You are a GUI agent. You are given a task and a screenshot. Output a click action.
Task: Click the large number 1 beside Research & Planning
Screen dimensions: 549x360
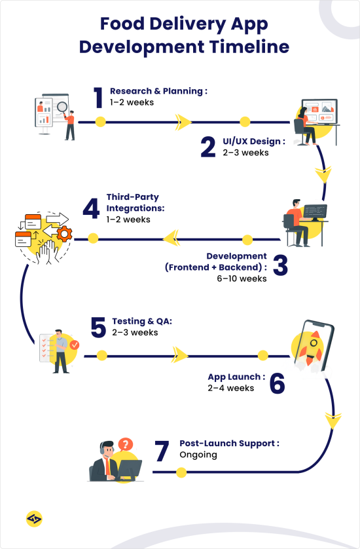pos(98,98)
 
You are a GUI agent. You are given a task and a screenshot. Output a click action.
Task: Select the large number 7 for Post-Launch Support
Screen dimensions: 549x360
pos(163,452)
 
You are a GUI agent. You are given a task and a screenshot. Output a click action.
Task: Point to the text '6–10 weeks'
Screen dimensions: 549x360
pos(243,278)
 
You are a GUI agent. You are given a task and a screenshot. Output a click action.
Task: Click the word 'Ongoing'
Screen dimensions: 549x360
pos(198,454)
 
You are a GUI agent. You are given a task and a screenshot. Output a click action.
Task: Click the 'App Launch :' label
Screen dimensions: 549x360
pos(236,377)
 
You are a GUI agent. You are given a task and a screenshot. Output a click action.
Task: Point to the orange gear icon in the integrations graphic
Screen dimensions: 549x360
pos(63,233)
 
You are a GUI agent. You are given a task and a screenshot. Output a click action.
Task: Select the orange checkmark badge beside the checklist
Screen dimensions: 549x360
pos(75,343)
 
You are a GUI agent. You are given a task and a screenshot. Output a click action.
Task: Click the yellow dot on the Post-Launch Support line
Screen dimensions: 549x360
pos(181,472)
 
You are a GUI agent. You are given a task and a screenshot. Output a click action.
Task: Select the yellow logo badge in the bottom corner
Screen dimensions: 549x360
pos(34,519)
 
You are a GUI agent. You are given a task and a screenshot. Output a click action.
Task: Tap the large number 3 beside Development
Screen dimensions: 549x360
pos(280,266)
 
